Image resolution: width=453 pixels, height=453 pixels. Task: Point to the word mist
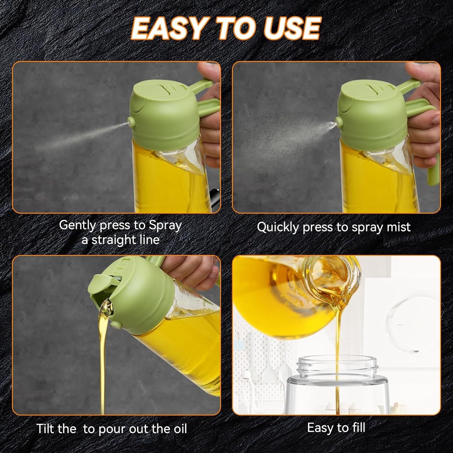398,227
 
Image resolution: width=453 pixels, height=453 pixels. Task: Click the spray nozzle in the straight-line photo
131,122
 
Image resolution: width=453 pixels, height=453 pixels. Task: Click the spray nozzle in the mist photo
339,122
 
